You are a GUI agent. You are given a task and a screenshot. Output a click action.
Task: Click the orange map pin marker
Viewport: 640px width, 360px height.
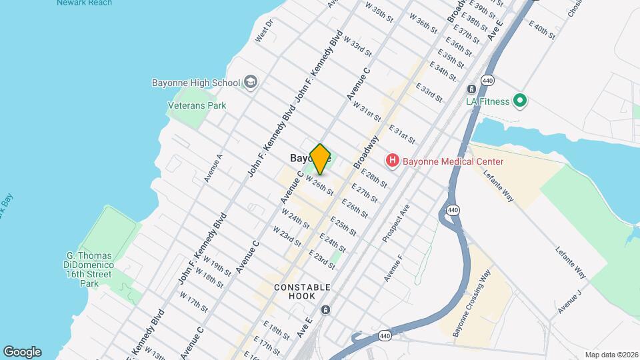(320, 159)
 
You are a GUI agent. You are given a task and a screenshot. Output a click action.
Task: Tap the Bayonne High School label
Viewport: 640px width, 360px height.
(195, 83)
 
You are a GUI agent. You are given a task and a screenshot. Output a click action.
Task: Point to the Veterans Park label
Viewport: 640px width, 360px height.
(197, 105)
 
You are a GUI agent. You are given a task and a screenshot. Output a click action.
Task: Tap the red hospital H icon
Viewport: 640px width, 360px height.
(393, 161)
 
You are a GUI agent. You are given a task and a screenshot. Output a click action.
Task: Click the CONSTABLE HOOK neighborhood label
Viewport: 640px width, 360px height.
(302, 291)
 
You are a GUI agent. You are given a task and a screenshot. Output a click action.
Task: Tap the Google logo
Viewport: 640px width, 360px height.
(22, 352)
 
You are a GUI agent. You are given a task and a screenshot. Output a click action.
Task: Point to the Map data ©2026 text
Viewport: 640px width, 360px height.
(611, 355)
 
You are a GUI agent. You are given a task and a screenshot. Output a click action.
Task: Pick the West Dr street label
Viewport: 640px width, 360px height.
(265, 35)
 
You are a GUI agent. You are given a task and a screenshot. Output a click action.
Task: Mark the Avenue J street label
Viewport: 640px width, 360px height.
(570, 301)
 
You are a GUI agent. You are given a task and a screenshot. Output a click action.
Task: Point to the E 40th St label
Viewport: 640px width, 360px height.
(542, 31)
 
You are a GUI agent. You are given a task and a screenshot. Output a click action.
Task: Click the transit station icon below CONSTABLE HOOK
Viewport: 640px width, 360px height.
(325, 310)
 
